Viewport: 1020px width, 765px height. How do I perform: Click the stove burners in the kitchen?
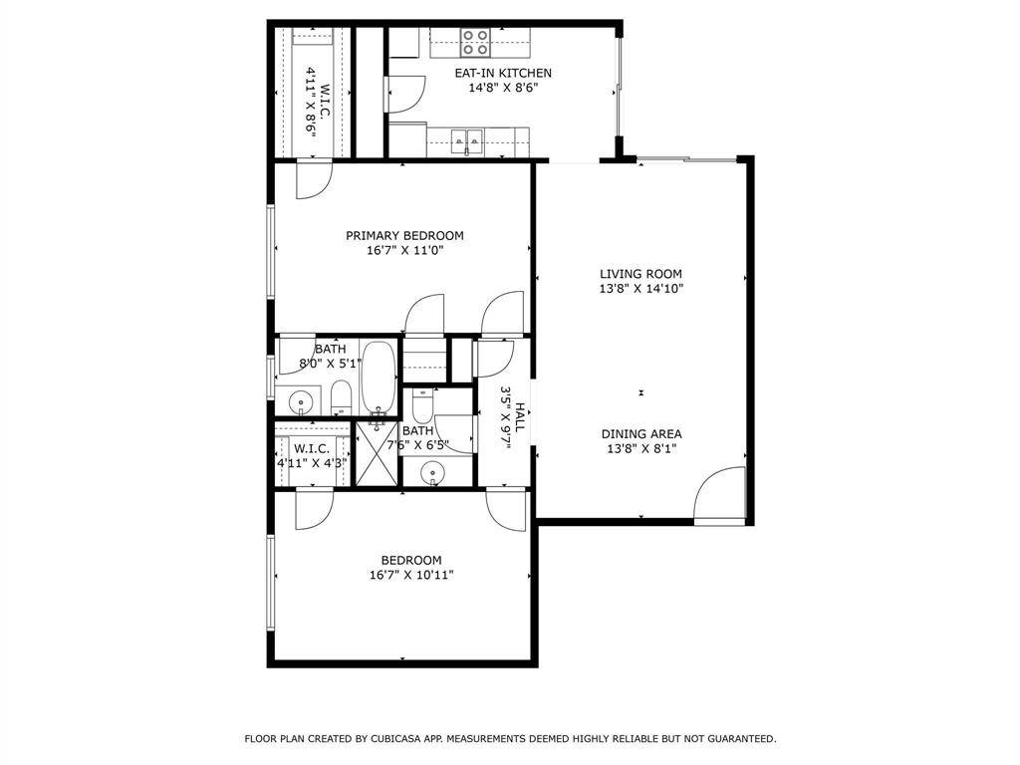tap(475, 42)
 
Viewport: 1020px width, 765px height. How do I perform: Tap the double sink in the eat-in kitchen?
tap(465, 140)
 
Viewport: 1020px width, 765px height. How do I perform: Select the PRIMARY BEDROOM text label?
tap(404, 236)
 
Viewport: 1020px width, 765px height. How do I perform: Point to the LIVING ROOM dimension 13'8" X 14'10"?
tap(640, 289)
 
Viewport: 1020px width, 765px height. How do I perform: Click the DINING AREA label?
tap(640, 433)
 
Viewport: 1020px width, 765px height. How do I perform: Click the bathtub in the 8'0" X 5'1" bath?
tap(378, 378)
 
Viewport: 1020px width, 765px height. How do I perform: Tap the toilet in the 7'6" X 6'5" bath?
tap(422, 404)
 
